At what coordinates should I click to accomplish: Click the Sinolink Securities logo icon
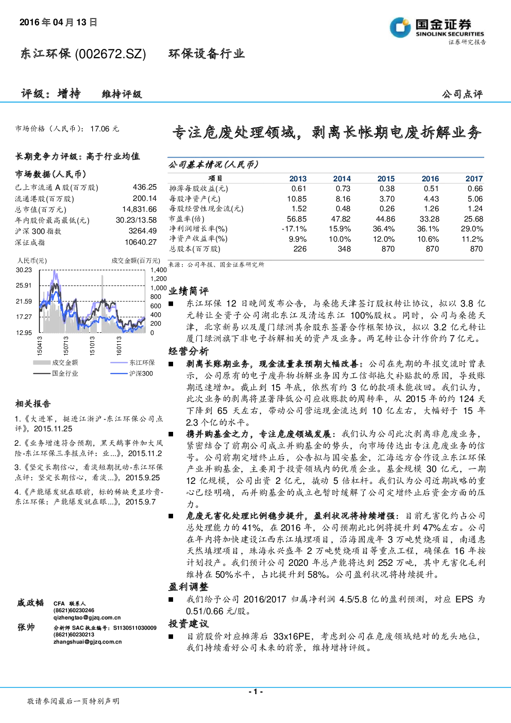pyautogui.click(x=400, y=27)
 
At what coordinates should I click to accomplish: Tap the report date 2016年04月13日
pyautogui.click(x=58, y=22)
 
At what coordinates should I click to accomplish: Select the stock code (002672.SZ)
pyautogui.click(x=110, y=54)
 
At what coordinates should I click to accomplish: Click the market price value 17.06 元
pyautogui.click(x=105, y=129)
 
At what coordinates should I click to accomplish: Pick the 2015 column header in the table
pyautogui.click(x=386, y=179)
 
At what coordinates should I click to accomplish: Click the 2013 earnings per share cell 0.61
pyautogui.click(x=298, y=189)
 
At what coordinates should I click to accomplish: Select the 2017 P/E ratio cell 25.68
pyautogui.click(x=473, y=219)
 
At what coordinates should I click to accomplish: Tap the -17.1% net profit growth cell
pyautogui.click(x=294, y=229)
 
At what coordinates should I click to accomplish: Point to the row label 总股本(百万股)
pyautogui.click(x=195, y=249)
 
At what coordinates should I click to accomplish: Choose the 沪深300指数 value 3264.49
pyautogui.click(x=143, y=231)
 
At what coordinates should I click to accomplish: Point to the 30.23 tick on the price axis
pyautogui.click(x=24, y=270)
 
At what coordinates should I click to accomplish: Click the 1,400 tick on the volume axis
pyautogui.click(x=159, y=270)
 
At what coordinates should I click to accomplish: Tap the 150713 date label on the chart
pyautogui.click(x=66, y=346)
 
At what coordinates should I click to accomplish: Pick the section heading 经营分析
pyautogui.click(x=189, y=351)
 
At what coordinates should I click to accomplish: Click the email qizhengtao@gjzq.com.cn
pyautogui.click(x=87, y=617)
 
